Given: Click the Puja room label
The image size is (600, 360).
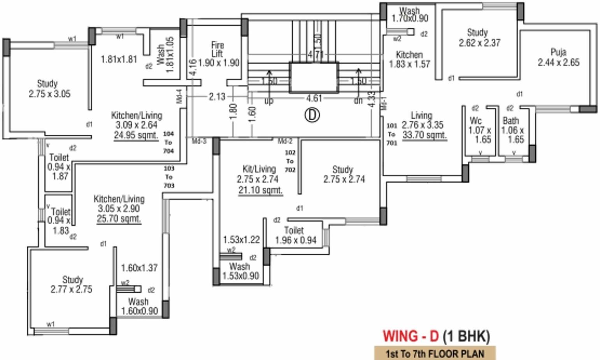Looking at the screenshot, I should point(558,57).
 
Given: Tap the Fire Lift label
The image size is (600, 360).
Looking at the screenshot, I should point(218,54).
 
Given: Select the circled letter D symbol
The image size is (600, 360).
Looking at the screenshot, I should point(312,115).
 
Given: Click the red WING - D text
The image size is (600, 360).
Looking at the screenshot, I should point(411,336).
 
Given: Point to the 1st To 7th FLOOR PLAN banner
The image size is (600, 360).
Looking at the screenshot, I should point(435,353).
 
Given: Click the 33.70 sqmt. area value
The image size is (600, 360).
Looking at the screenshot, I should point(425,135).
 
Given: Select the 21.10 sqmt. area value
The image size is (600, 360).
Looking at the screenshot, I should point(260,190).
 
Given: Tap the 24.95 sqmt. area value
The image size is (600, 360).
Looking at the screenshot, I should point(136,135).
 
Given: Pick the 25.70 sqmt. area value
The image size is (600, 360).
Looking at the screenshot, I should point(119,219).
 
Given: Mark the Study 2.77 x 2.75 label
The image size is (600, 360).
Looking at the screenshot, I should point(72,284).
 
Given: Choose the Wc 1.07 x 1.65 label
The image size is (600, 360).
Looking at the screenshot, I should point(480,130).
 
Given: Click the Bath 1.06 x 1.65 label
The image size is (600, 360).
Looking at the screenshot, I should point(513,130).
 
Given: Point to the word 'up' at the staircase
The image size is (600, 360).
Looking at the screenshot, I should point(269,101).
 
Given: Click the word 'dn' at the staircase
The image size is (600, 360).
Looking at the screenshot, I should point(358,101).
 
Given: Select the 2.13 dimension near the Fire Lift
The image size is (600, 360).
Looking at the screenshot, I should point(217,97).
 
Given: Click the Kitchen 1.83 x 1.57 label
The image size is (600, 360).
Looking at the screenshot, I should point(409,59).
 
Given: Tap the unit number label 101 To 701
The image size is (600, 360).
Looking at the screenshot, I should point(391,134).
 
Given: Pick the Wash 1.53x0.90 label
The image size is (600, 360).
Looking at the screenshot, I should point(240,271).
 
